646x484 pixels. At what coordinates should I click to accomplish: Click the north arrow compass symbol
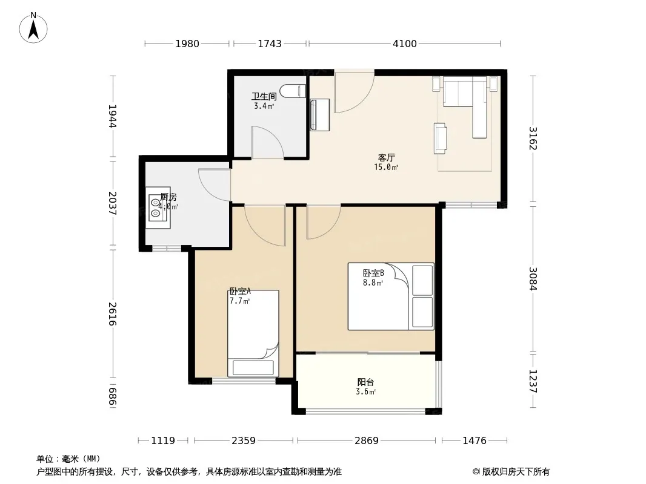(x=33, y=27)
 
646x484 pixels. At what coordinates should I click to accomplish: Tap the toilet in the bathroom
(x=293, y=91)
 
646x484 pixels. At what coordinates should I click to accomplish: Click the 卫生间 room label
(x=264, y=96)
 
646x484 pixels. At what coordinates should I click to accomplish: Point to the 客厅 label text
(x=387, y=157)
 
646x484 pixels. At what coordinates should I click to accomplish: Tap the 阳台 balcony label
(x=366, y=382)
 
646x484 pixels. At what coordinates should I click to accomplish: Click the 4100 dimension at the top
(x=405, y=44)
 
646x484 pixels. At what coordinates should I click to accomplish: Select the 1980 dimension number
(x=187, y=44)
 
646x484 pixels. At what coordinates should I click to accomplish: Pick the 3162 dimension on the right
(x=533, y=139)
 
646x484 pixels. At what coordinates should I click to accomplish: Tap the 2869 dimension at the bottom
(x=366, y=441)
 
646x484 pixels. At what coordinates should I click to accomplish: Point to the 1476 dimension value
(x=475, y=441)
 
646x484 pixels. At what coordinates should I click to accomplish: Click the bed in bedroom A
(x=253, y=333)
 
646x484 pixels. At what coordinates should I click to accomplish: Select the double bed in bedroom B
(x=391, y=296)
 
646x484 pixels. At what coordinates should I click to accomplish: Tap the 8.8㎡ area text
(x=373, y=283)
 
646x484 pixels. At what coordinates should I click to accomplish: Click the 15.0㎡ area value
(x=386, y=167)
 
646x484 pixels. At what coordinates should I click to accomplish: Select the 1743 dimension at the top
(x=270, y=44)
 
